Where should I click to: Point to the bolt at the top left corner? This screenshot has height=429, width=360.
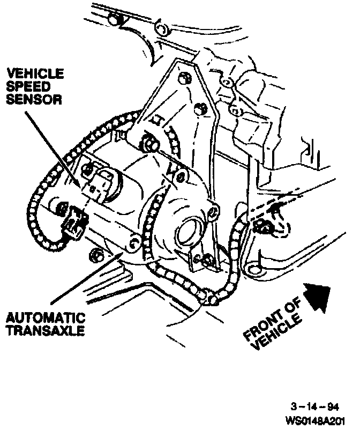(112, 20)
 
